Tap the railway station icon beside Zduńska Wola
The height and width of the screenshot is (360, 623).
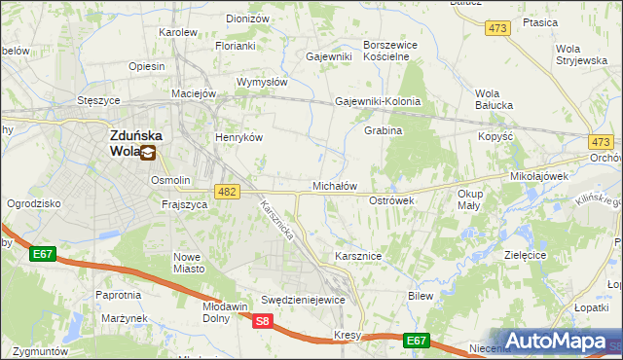(x=148, y=152)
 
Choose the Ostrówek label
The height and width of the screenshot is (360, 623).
(x=392, y=200)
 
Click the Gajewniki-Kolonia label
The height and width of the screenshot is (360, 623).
(x=378, y=101)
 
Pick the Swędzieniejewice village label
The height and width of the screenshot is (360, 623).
(x=303, y=300)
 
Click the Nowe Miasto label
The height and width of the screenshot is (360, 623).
(x=187, y=263)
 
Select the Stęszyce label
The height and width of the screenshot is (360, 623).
(x=98, y=100)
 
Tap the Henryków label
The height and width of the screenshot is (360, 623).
(x=239, y=138)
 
